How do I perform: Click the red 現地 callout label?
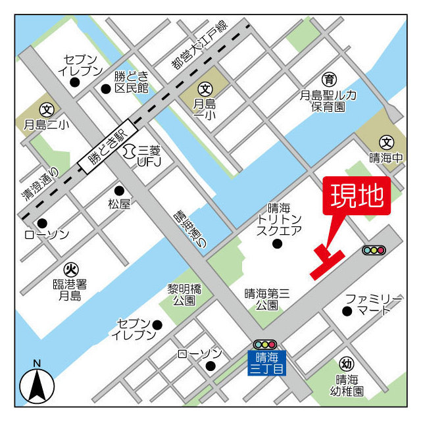coord(357,196)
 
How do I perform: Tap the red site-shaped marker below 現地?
coord(326,262)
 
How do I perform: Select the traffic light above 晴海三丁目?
coord(265,345)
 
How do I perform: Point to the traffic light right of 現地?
coord(374,250)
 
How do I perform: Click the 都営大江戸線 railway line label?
coord(197,47)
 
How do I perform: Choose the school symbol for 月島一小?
coord(205,88)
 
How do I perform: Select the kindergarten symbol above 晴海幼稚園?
coord(346,364)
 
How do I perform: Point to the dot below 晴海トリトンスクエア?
coord(277,244)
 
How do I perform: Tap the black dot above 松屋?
coord(119,190)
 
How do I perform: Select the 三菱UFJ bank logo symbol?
coord(128,150)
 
